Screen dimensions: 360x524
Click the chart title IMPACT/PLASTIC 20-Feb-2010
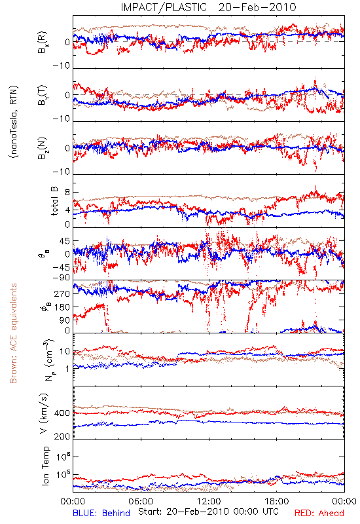208,7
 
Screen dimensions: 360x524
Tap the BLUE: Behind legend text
101,513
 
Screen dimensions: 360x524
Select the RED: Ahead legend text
319,513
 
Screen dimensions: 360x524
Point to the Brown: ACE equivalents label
13,333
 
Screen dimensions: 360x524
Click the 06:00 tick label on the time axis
141,501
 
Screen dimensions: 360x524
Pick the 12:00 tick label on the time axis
209,501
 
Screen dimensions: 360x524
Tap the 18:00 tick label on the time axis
277,501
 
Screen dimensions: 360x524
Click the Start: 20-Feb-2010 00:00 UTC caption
208,512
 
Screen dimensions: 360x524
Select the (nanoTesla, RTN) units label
14,122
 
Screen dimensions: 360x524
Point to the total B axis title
54,201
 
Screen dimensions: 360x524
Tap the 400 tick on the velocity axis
62,413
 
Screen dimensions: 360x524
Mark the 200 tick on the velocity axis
62,436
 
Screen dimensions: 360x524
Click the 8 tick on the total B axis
67,193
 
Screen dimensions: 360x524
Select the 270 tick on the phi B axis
62,293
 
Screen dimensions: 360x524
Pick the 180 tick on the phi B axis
62,307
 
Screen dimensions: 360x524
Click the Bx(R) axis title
43,43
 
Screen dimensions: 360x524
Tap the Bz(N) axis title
43,148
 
